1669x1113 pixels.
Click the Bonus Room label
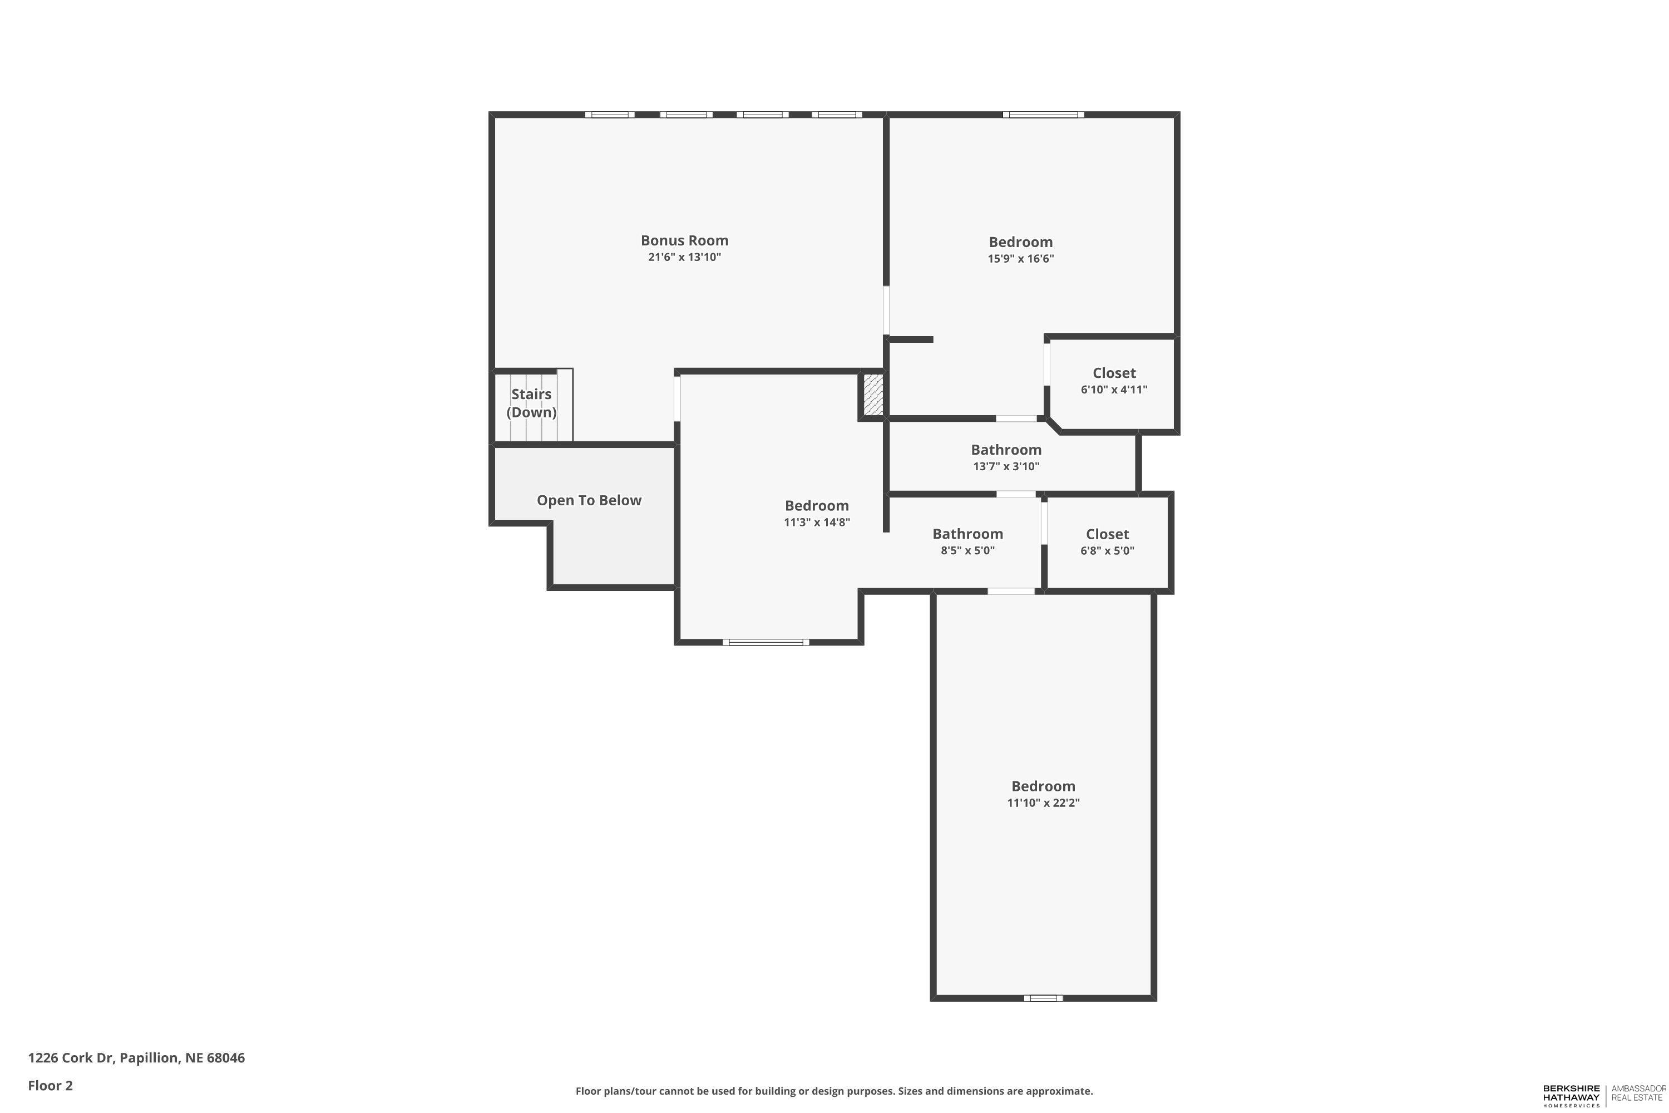point(684,240)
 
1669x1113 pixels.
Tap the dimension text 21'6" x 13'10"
point(684,258)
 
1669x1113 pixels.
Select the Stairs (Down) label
point(531,402)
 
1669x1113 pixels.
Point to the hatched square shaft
point(873,395)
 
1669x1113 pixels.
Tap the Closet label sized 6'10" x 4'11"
point(1113,373)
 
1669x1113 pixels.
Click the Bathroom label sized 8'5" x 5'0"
point(967,534)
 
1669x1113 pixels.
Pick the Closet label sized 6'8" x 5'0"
point(1107,534)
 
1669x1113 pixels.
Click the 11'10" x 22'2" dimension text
point(1043,803)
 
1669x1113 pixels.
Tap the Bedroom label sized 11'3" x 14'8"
point(816,506)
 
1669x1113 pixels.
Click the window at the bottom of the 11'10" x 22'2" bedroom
point(1043,998)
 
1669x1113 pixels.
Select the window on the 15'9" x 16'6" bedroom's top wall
point(1043,114)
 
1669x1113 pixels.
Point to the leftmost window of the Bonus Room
point(610,114)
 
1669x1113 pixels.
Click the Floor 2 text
point(51,1085)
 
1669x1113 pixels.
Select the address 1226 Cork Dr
point(136,1058)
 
